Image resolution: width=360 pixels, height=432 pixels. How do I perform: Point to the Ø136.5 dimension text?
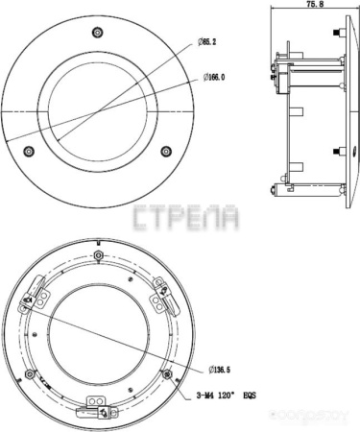(x=221, y=368)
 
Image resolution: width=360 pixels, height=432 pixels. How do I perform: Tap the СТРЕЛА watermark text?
(x=186, y=217)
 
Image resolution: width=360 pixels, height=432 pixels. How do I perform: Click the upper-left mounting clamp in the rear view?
(x=36, y=292)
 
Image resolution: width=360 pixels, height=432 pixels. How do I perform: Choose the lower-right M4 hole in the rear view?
(x=167, y=372)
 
